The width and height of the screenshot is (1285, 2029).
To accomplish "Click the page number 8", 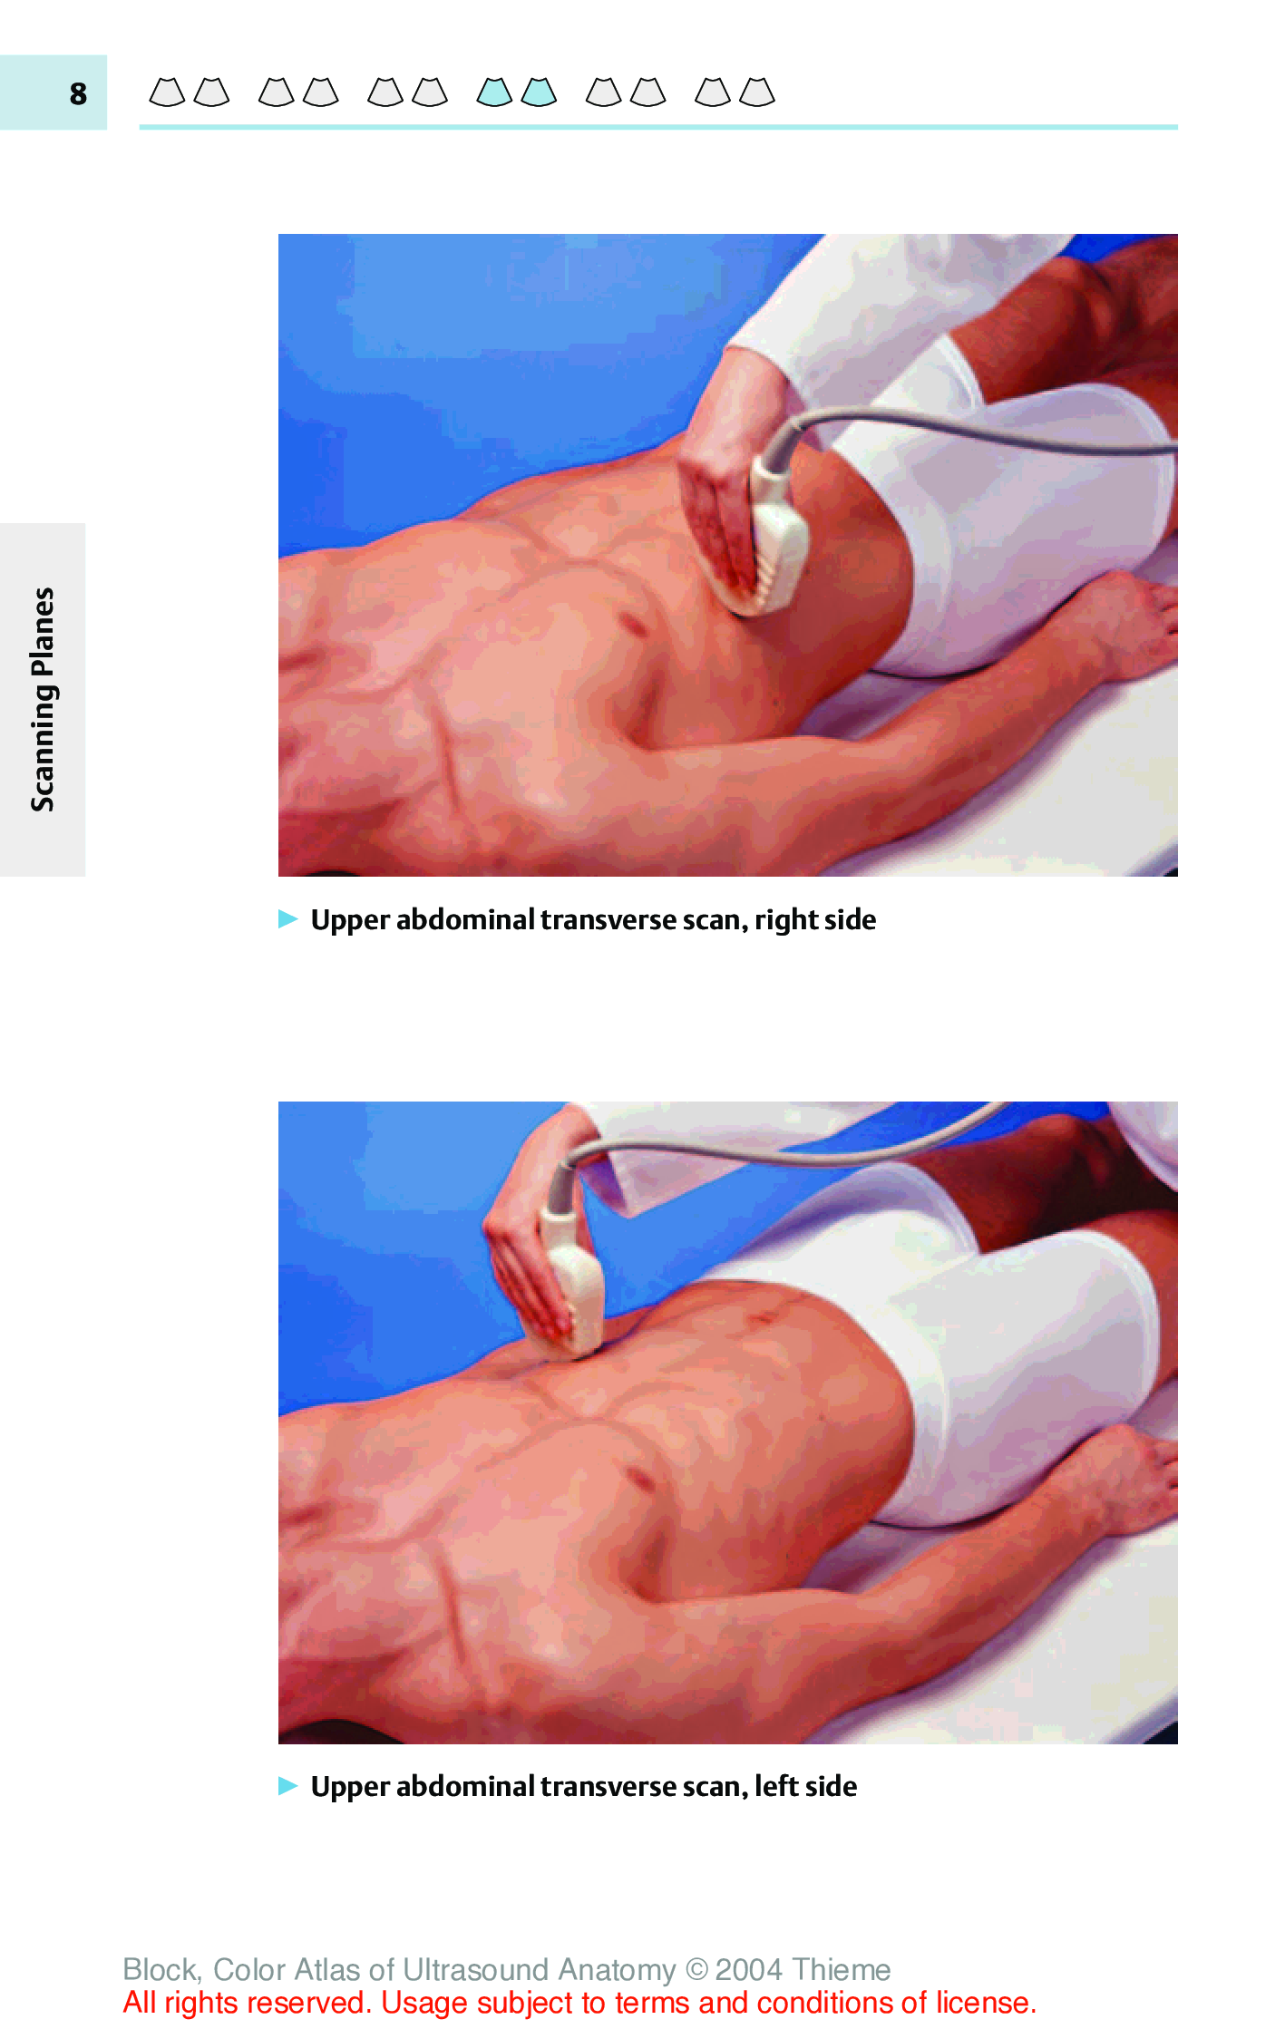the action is pos(78,93).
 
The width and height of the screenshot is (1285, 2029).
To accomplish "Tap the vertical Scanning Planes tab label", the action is pos(43,699).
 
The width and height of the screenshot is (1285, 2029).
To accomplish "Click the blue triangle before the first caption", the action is pos(288,918).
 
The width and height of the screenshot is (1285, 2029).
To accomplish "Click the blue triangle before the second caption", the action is pos(288,1785).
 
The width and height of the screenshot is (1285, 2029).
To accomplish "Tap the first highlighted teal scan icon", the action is pos(494,92).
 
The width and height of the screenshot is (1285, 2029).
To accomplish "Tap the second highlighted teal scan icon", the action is pos(539,92).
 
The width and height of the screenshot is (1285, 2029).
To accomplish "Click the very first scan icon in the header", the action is pos(167,92).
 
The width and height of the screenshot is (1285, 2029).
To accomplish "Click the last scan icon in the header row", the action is pos(757,92).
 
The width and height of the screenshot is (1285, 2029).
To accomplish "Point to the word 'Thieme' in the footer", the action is pos(841,1969).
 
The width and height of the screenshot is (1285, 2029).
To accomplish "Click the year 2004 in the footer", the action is pos(749,1969).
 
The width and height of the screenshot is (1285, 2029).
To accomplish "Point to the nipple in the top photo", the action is pos(632,624).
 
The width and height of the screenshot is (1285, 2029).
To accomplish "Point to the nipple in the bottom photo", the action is pos(642,1479).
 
